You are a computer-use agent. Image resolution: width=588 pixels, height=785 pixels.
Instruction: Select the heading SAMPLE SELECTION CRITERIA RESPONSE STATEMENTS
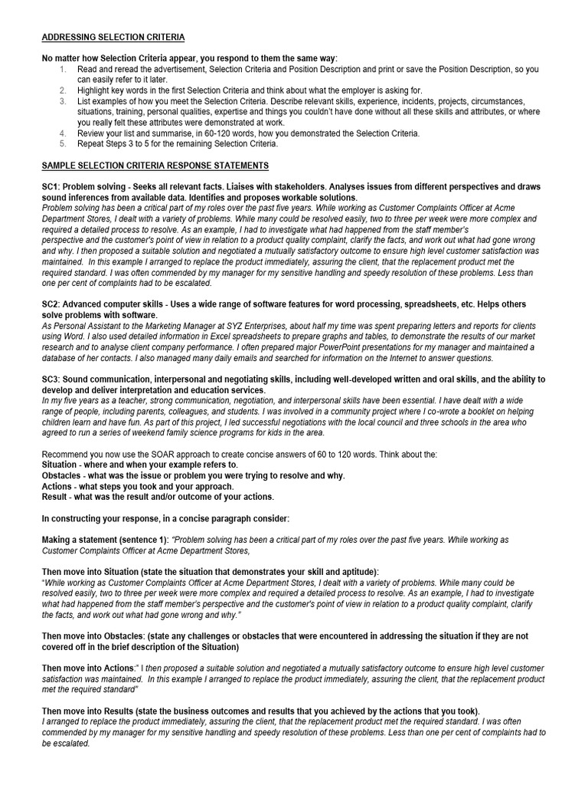click(155, 166)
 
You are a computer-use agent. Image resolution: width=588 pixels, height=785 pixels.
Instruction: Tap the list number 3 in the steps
click(62, 101)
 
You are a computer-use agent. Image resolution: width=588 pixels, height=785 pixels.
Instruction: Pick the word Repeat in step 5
click(92, 143)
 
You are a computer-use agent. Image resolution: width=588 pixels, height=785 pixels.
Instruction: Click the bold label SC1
click(52, 187)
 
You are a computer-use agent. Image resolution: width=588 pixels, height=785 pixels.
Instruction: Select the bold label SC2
click(52, 304)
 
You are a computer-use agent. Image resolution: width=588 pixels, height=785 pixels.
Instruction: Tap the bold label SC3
click(52, 379)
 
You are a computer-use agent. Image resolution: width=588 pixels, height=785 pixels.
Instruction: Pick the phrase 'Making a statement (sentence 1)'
click(106, 540)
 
